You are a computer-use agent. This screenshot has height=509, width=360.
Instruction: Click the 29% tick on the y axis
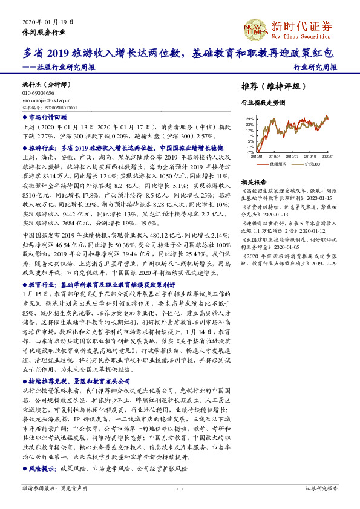click(x=250, y=120)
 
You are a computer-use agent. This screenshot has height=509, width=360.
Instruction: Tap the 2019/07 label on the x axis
click(x=289, y=157)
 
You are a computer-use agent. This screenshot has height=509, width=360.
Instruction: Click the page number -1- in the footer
click(x=180, y=487)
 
